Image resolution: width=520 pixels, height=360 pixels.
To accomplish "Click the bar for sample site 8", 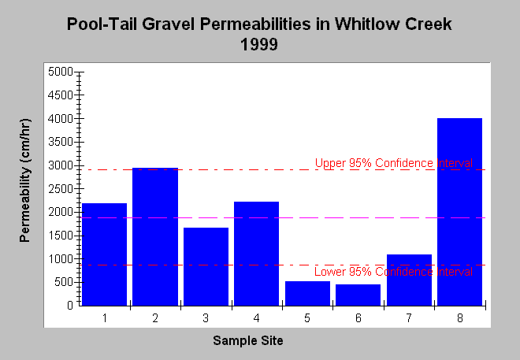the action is coord(459,212).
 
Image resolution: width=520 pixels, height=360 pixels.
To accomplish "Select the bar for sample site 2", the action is coord(155,236).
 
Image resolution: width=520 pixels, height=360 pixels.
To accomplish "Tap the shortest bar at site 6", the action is coord(358,295).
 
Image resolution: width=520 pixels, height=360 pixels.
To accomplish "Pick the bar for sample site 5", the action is coord(307,293).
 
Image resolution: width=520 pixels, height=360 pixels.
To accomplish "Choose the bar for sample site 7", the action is coord(409,280).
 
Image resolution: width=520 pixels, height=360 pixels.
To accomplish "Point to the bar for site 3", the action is coord(206,266).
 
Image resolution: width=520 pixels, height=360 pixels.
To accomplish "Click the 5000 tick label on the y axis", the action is coord(61,72).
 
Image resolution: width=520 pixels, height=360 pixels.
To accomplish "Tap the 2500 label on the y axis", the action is coord(61,189).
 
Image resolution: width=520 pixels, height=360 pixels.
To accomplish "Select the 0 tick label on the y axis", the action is coord(70,306).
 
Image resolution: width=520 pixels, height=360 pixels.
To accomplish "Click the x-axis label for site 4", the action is coord(256,318).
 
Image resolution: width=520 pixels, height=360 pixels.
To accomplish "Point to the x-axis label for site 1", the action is coord(105,318).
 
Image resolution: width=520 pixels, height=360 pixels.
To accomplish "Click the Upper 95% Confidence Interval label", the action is coord(394,163).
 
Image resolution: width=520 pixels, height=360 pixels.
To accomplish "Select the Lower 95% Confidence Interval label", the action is coord(394,272).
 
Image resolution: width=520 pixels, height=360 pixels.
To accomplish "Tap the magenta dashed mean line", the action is coord(283,217).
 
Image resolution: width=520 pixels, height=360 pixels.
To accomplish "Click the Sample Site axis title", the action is coord(248,340).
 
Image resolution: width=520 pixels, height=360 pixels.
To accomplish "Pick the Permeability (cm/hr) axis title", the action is coord(25,180).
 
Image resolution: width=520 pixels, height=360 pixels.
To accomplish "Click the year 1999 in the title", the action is coord(259,44).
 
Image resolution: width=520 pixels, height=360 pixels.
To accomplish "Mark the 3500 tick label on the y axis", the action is coord(61,142).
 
